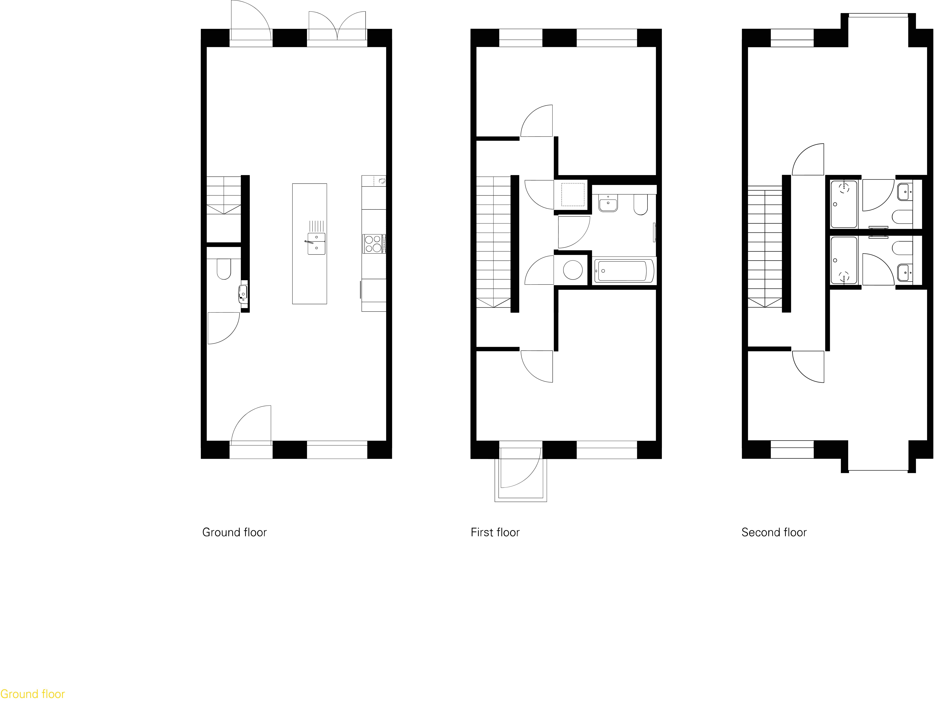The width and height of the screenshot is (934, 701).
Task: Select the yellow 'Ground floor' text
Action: coord(33,694)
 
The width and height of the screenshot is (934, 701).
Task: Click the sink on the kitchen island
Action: coord(316,244)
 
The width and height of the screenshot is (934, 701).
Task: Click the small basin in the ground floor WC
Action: coord(243,292)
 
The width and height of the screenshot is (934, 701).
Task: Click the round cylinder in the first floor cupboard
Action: coord(573,270)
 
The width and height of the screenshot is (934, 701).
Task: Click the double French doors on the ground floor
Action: coord(337,27)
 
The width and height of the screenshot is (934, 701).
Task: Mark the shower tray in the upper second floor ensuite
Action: coord(844,204)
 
